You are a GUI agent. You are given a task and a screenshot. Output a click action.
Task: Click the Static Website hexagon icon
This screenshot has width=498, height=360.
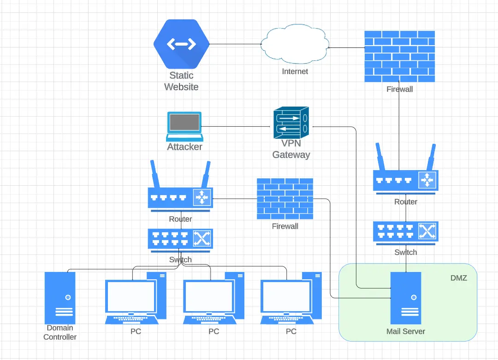(x=181, y=44)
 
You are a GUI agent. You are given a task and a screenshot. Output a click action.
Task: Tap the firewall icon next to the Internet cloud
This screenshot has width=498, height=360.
(x=399, y=57)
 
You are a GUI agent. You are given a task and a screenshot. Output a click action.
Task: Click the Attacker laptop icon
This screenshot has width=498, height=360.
(x=184, y=125)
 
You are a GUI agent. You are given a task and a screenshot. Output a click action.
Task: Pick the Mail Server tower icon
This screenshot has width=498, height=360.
(x=406, y=298)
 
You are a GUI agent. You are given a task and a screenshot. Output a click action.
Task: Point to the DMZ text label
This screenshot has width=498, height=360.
(x=458, y=278)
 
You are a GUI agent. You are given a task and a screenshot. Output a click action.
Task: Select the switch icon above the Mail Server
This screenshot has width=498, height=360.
(x=406, y=232)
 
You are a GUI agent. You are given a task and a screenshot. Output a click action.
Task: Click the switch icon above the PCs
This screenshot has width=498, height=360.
(x=180, y=239)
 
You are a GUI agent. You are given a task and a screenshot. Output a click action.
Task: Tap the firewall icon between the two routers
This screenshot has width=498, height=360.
(x=285, y=199)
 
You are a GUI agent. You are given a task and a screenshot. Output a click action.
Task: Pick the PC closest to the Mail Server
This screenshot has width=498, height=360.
(x=291, y=297)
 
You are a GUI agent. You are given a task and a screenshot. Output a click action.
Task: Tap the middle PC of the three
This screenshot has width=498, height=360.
(x=213, y=297)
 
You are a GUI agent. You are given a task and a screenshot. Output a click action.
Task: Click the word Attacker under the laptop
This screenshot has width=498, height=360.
(x=184, y=147)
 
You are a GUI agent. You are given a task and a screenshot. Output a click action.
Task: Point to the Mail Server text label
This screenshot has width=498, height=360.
(x=406, y=331)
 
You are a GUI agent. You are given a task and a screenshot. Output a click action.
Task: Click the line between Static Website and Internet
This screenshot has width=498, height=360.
(x=235, y=44)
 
